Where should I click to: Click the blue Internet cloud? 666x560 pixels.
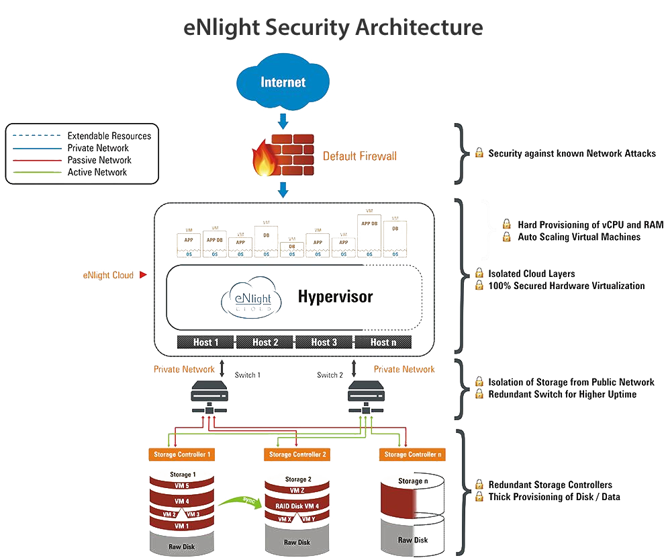(283, 83)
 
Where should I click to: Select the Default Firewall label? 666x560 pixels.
(359, 157)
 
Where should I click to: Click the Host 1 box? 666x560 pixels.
(206, 342)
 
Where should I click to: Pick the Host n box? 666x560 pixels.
(382, 342)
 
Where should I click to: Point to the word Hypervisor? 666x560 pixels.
(335, 296)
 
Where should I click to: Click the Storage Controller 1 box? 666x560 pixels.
(181, 454)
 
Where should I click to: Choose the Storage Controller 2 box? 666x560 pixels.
(298, 454)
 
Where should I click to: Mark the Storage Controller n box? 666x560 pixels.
(413, 454)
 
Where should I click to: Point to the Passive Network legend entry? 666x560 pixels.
(99, 160)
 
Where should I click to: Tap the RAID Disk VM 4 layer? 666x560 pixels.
(298, 506)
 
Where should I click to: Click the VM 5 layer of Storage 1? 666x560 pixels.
(181, 485)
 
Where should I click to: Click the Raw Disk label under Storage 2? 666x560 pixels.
(297, 542)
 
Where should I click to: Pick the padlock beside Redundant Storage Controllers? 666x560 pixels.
(479, 485)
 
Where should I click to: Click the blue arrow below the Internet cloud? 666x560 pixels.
(283, 121)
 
